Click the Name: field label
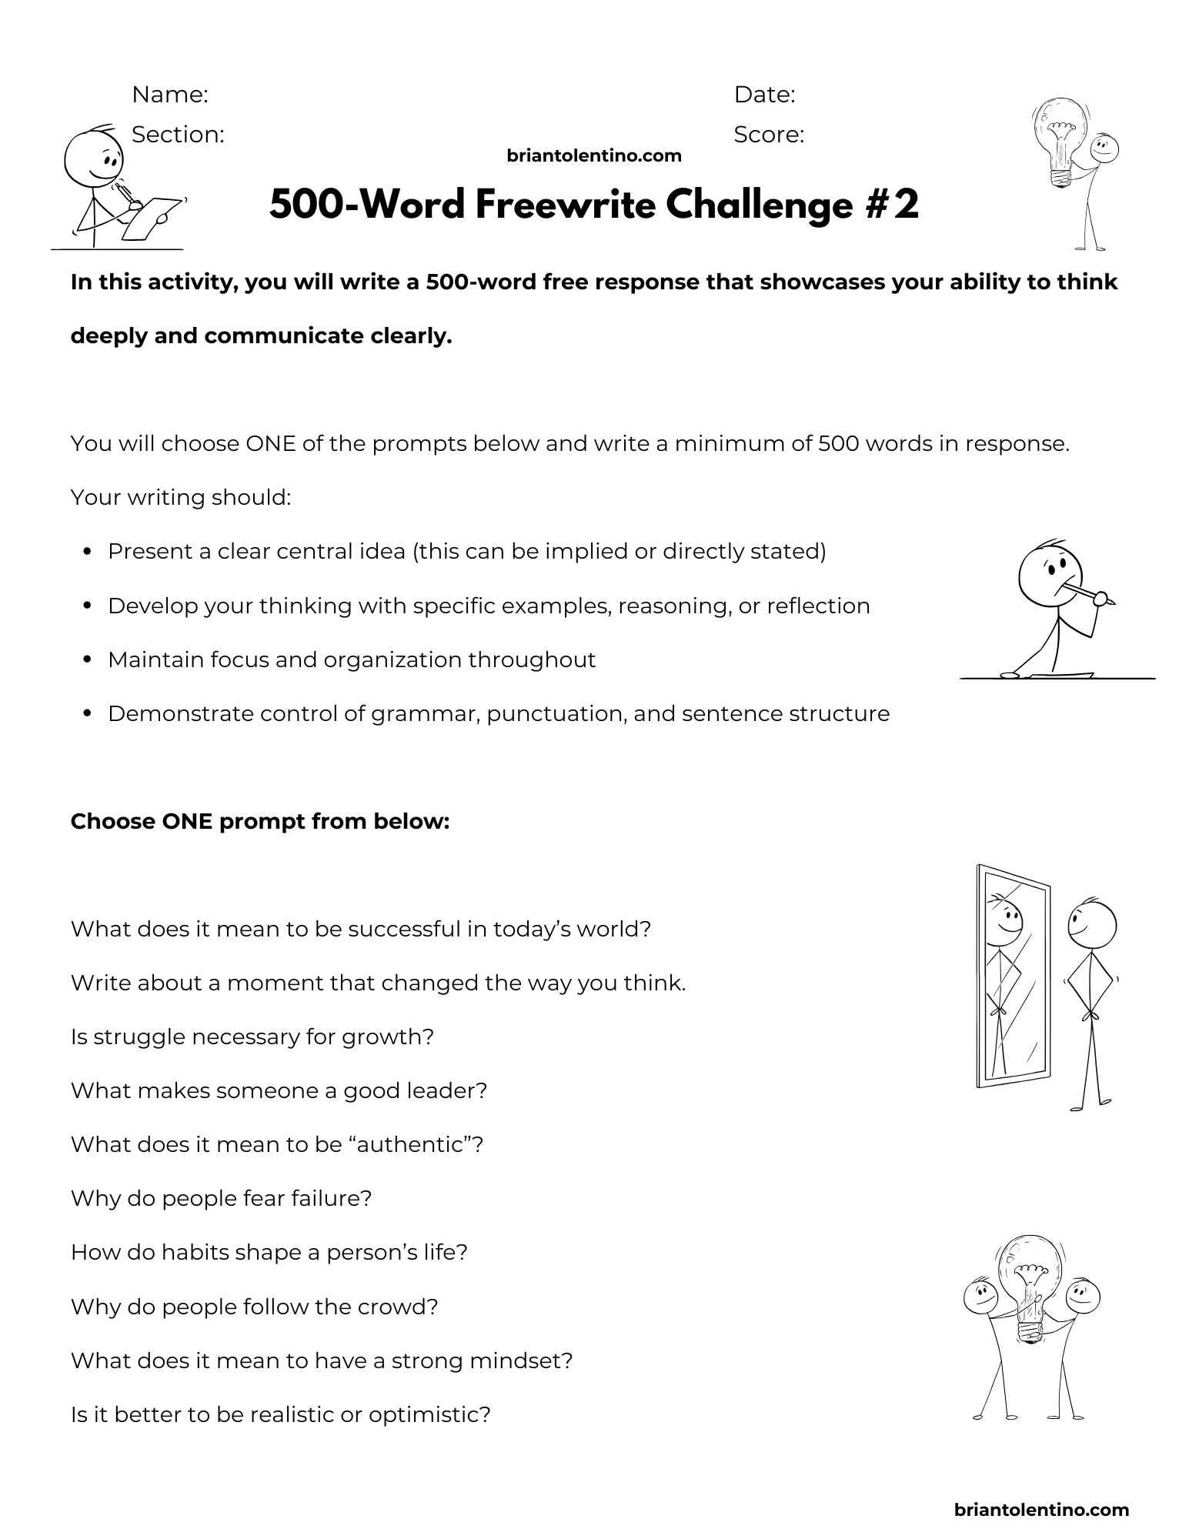pyautogui.click(x=170, y=95)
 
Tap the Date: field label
pyautogui.click(x=764, y=95)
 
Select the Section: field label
pyautogui.click(x=178, y=135)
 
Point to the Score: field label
pyautogui.click(x=769, y=135)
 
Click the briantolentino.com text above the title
pyautogui.click(x=594, y=156)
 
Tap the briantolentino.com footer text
pyautogui.click(x=1041, y=1510)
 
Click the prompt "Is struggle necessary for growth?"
pyautogui.click(x=252, y=1037)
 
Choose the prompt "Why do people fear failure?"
pyautogui.click(x=222, y=1199)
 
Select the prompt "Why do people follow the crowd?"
pyautogui.click(x=255, y=1307)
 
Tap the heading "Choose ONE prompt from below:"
pyautogui.click(x=260, y=822)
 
